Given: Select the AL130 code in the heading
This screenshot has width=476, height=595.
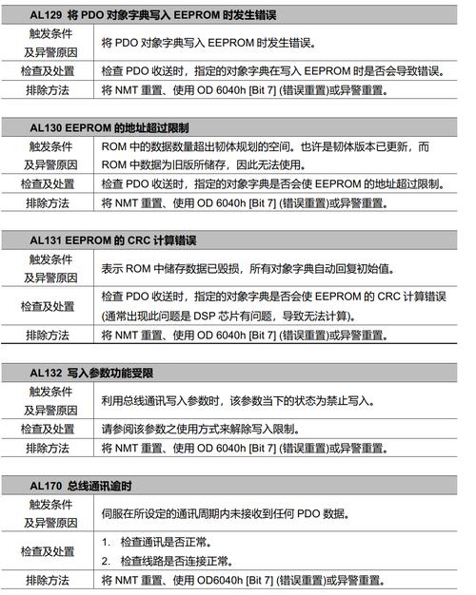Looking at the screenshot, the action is (x=47, y=126).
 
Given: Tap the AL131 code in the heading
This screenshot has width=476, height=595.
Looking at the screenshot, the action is (x=47, y=242).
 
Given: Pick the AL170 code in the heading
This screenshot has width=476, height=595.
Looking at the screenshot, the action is (x=47, y=487).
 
